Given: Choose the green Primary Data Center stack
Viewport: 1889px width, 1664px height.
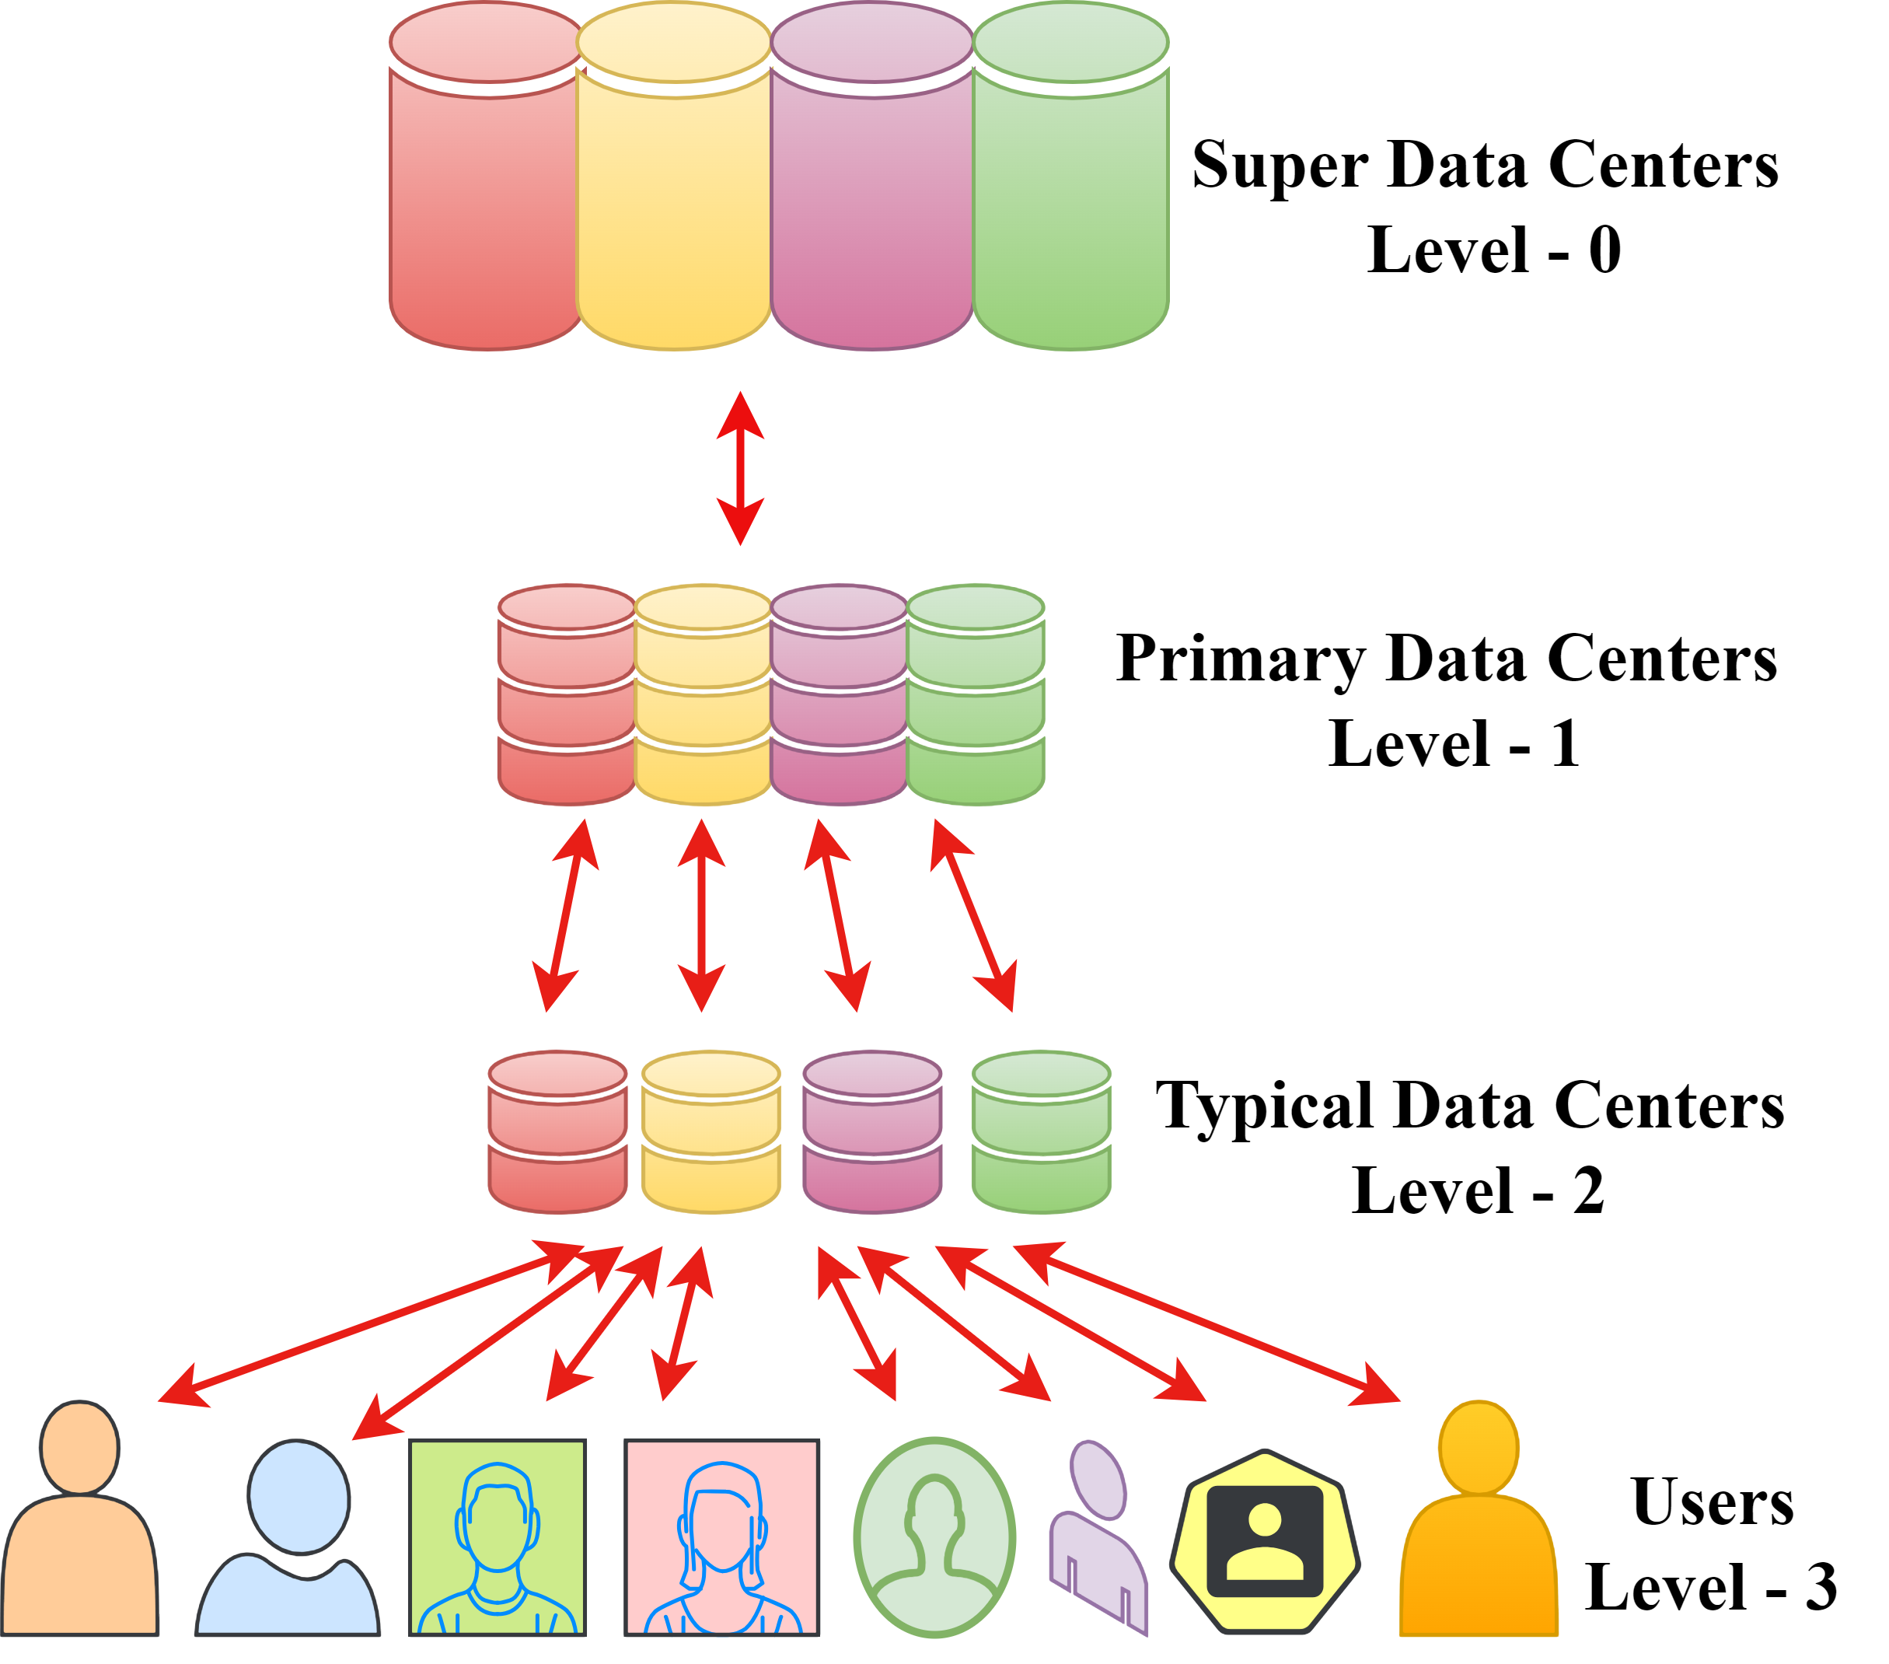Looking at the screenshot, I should point(975,695).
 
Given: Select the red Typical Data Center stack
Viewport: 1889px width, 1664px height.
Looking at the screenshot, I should point(557,1132).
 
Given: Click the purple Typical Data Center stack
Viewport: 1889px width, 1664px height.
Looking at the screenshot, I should point(871,1132).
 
